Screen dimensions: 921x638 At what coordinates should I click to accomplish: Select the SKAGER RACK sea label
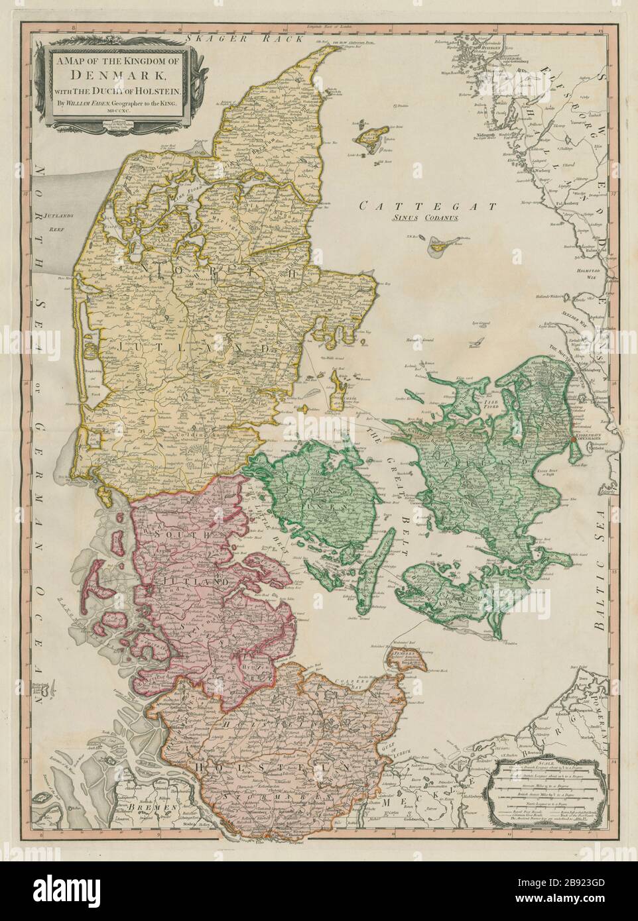(225, 39)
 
